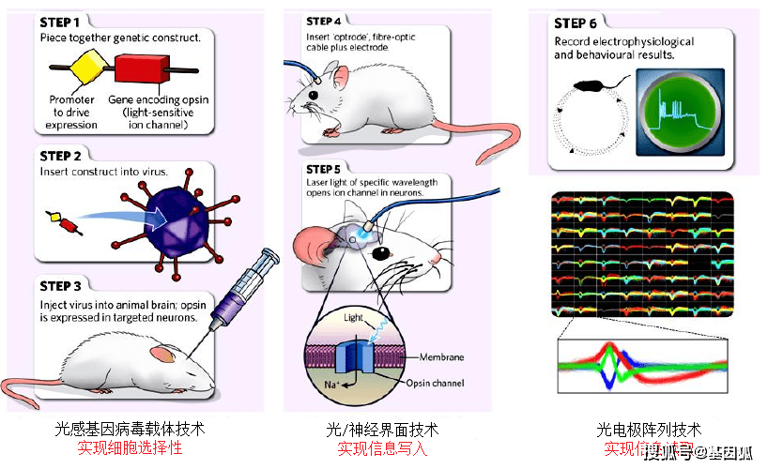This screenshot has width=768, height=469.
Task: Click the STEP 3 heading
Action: [x=64, y=285]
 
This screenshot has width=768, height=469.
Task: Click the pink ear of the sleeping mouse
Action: [x=162, y=355]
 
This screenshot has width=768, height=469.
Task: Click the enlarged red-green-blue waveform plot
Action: [x=642, y=367]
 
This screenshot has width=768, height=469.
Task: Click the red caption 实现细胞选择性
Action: [x=130, y=448]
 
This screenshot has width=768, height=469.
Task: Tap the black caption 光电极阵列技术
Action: [x=649, y=430]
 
